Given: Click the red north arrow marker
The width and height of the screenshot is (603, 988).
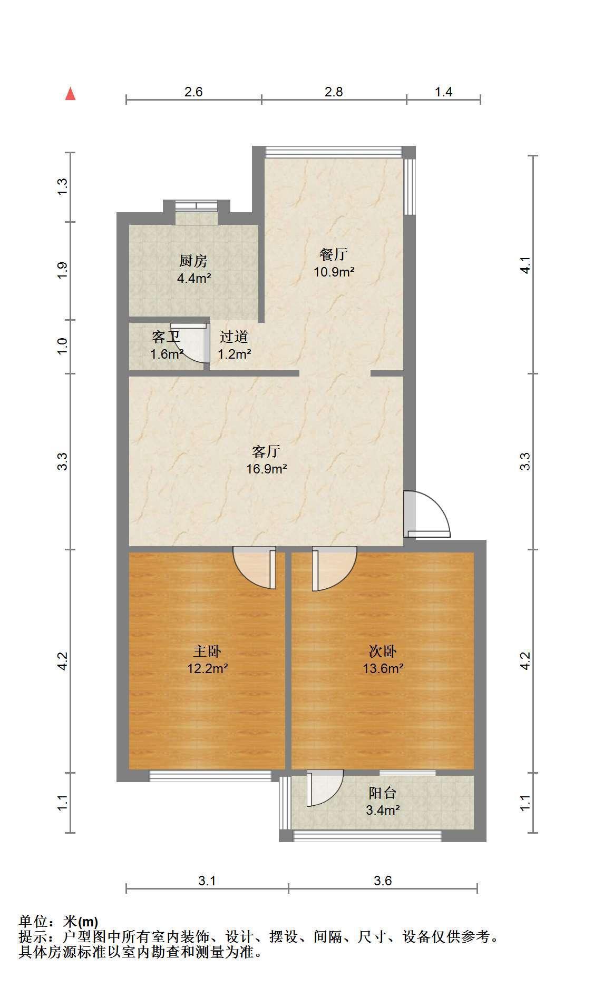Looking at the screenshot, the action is tap(70, 94).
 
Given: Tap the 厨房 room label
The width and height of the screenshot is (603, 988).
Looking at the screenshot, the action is tap(193, 261).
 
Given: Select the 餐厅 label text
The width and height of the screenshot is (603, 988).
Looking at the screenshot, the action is tap(334, 254).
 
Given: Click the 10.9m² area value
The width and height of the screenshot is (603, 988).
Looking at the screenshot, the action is tap(334, 272).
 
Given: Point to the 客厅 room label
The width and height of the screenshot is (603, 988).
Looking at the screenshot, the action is tap(266, 451).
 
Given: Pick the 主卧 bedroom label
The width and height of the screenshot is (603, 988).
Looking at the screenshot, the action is tap(207, 651).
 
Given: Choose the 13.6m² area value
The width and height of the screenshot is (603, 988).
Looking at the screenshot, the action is tap(383, 669).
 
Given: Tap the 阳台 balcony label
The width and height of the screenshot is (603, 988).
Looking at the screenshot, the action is tap(383, 793).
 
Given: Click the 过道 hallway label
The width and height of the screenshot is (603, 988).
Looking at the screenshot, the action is tap(234, 337).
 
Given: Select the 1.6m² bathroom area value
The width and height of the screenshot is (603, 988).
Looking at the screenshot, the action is tap(167, 354).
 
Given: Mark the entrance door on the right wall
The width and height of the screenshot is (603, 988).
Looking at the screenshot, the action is tap(427, 515).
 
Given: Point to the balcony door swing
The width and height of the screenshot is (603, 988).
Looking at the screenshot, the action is tap(325, 788).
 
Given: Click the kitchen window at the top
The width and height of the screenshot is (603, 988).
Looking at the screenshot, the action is tap(197, 205).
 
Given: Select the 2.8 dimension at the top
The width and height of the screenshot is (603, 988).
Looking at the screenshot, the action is tap(334, 92).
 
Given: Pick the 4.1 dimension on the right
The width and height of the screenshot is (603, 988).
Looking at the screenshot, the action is tap(525, 265).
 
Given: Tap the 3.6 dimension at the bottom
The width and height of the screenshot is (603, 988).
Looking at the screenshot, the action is tap(383, 881).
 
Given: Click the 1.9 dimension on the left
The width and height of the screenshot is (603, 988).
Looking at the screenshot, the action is tap(62, 271).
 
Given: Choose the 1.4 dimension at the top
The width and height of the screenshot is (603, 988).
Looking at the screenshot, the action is tap(443, 92).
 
